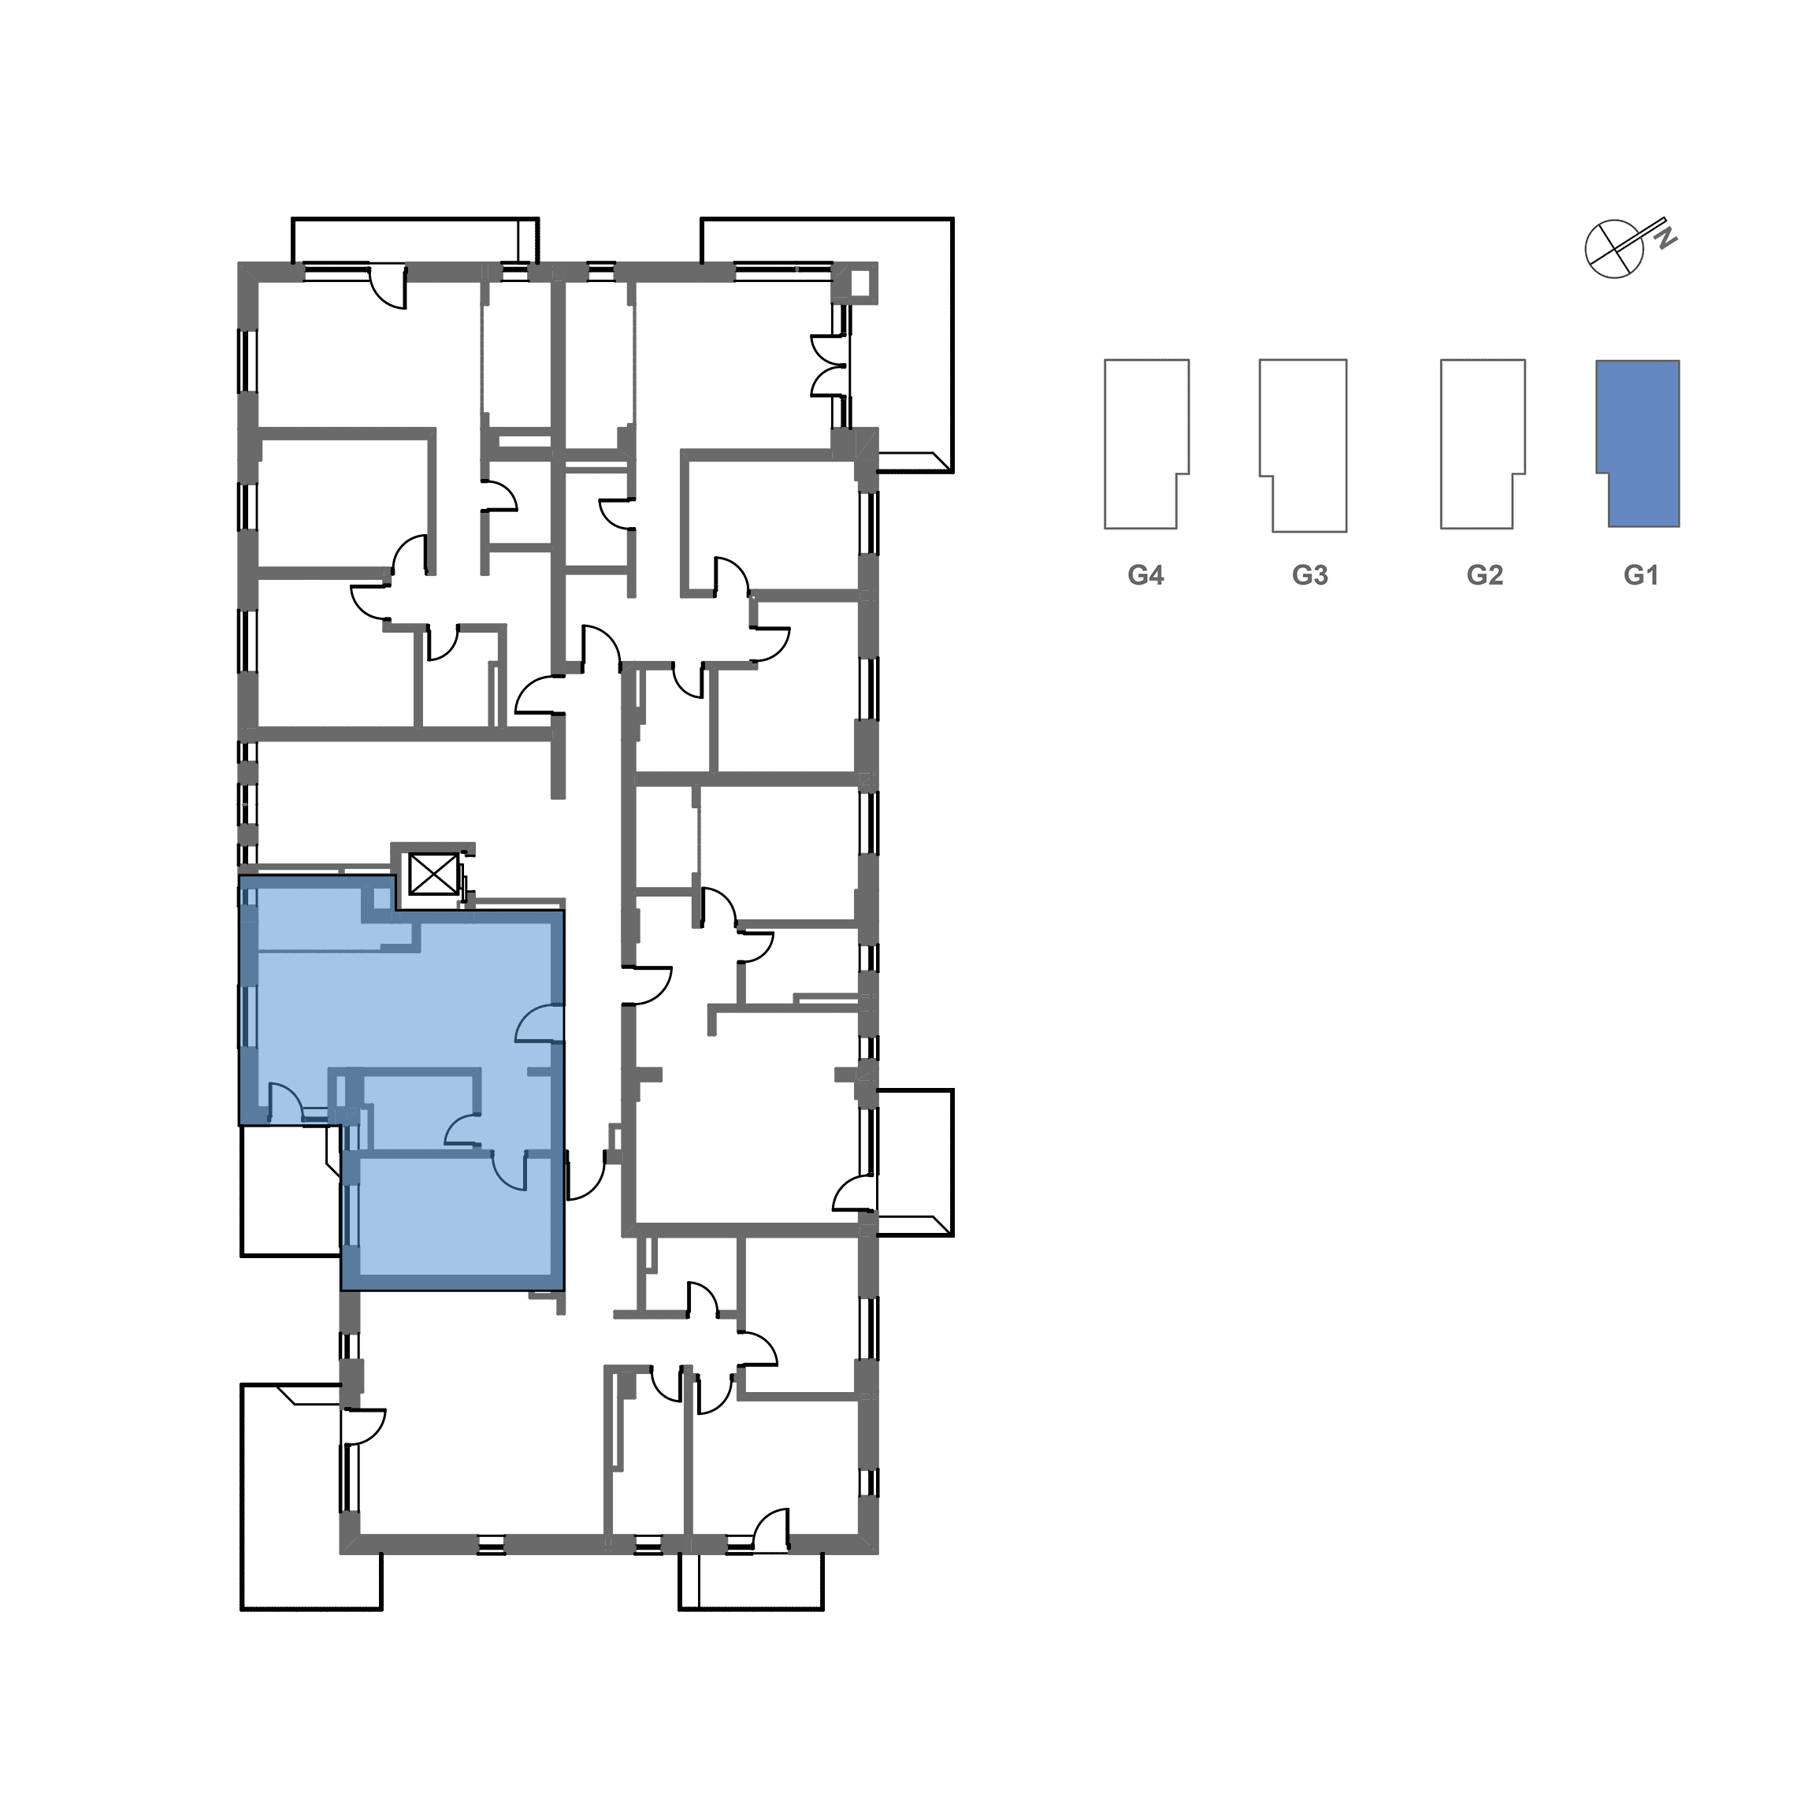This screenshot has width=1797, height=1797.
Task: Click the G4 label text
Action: click(x=1146, y=576)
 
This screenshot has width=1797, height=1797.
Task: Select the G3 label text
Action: click(x=1309, y=576)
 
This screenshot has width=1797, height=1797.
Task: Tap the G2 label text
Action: click(x=1484, y=576)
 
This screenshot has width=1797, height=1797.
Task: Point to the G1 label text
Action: click(x=1641, y=576)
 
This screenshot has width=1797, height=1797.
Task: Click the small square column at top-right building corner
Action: click(x=862, y=281)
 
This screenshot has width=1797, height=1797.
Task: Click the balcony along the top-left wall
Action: click(x=415, y=241)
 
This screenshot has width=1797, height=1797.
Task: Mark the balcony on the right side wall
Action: click(x=915, y=1163)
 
